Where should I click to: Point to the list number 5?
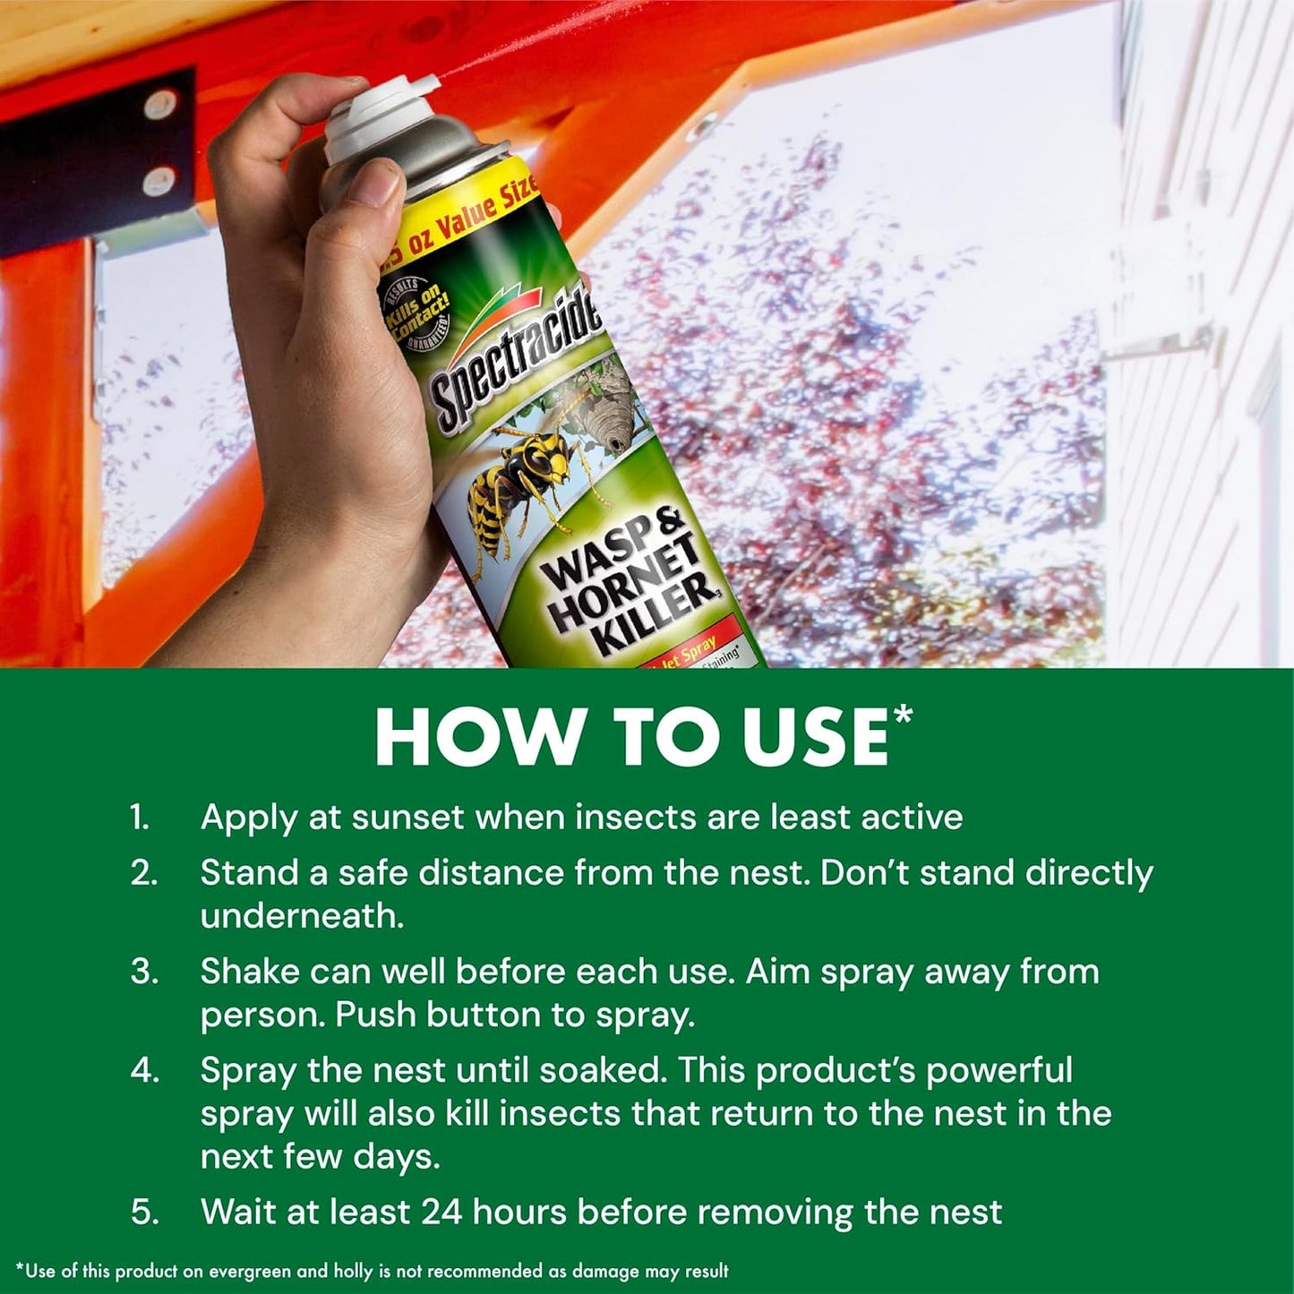(x=144, y=1213)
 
